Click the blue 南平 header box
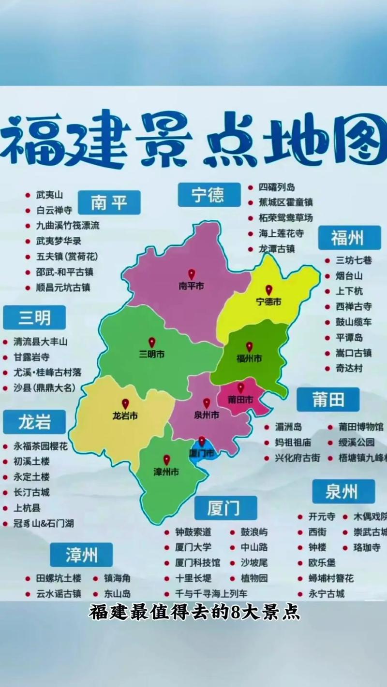click(x=109, y=203)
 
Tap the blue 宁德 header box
click(x=208, y=195)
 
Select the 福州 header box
click(x=349, y=238)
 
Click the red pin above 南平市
click(x=192, y=274)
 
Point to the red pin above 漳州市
click(x=166, y=460)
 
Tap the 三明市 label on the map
click(x=151, y=355)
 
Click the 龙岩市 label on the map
click(x=125, y=415)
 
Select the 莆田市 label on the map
click(x=240, y=400)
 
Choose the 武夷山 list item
click(x=50, y=195)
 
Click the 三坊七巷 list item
click(x=354, y=260)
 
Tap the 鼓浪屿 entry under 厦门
click(x=254, y=532)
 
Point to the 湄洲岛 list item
click(x=288, y=427)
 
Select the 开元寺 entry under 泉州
click(x=322, y=516)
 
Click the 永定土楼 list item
click(x=32, y=477)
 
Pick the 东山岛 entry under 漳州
click(x=117, y=594)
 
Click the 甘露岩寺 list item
click(x=32, y=357)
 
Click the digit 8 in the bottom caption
click(x=236, y=613)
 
